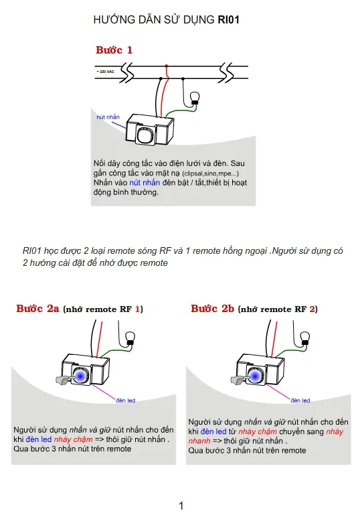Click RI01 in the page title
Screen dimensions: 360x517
click(x=228, y=20)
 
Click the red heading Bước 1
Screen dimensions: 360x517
click(x=114, y=50)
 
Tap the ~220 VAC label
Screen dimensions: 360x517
click(x=105, y=72)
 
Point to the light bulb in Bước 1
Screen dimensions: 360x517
click(x=195, y=98)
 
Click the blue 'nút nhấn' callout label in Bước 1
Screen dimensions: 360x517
click(x=108, y=117)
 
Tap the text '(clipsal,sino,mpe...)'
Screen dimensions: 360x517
click(x=211, y=173)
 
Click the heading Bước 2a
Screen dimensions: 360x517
click(x=37, y=309)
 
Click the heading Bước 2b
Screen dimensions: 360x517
click(x=212, y=309)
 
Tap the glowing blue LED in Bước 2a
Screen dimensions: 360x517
click(x=80, y=376)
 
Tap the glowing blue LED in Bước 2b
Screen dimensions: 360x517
click(x=254, y=376)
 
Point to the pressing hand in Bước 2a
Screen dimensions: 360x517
click(x=64, y=380)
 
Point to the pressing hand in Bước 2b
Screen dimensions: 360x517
click(x=238, y=380)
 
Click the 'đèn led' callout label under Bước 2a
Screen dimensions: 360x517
click(x=126, y=400)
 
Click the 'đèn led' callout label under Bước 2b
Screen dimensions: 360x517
click(x=300, y=400)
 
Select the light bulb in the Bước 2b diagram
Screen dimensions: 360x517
click(x=305, y=338)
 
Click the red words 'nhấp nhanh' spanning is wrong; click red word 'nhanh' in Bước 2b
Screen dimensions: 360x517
click(x=199, y=441)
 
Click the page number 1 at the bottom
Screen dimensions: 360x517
click(x=181, y=506)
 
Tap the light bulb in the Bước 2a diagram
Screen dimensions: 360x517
click(x=130, y=338)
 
